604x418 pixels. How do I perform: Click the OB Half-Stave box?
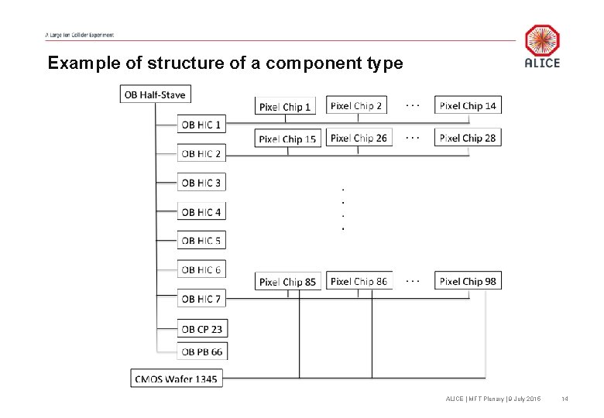(x=155, y=94)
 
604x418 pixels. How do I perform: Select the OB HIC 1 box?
(x=201, y=124)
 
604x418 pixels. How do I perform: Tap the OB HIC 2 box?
(x=201, y=153)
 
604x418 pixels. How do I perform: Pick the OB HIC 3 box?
(x=201, y=183)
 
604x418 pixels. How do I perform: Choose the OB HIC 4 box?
(x=201, y=211)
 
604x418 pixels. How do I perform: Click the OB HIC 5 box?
(x=201, y=241)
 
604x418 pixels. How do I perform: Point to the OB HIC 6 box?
(x=201, y=269)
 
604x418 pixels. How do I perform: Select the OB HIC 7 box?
(x=201, y=299)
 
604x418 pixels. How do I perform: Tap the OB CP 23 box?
(x=201, y=329)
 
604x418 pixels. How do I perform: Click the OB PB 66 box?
(x=201, y=351)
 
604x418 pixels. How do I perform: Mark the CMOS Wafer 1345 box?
(x=177, y=379)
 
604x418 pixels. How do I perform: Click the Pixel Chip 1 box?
(x=285, y=107)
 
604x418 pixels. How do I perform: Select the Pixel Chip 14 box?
(x=468, y=106)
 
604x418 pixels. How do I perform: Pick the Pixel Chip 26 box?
(x=359, y=139)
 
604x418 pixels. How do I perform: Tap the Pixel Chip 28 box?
(x=468, y=139)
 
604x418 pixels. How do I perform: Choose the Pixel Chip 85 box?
(x=287, y=282)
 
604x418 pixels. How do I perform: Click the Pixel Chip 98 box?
(x=468, y=282)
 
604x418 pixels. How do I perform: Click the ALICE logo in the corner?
(x=542, y=46)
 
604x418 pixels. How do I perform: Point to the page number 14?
(x=565, y=399)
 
